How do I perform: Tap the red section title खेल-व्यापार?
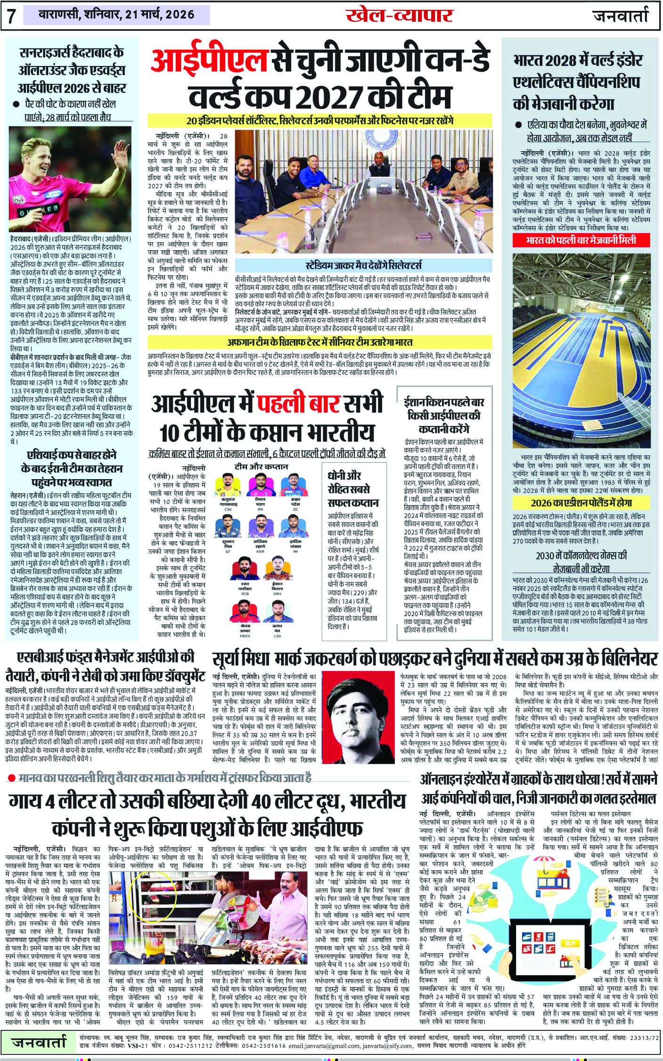tap(399, 16)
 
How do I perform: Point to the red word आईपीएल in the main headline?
tap(209, 63)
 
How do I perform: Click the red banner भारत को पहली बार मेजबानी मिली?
tap(581, 240)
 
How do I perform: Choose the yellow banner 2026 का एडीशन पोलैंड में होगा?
tap(581, 502)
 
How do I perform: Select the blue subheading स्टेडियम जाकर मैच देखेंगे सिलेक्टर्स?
tap(363, 265)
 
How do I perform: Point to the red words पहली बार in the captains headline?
tap(299, 404)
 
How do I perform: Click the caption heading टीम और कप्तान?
tap(261, 466)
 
